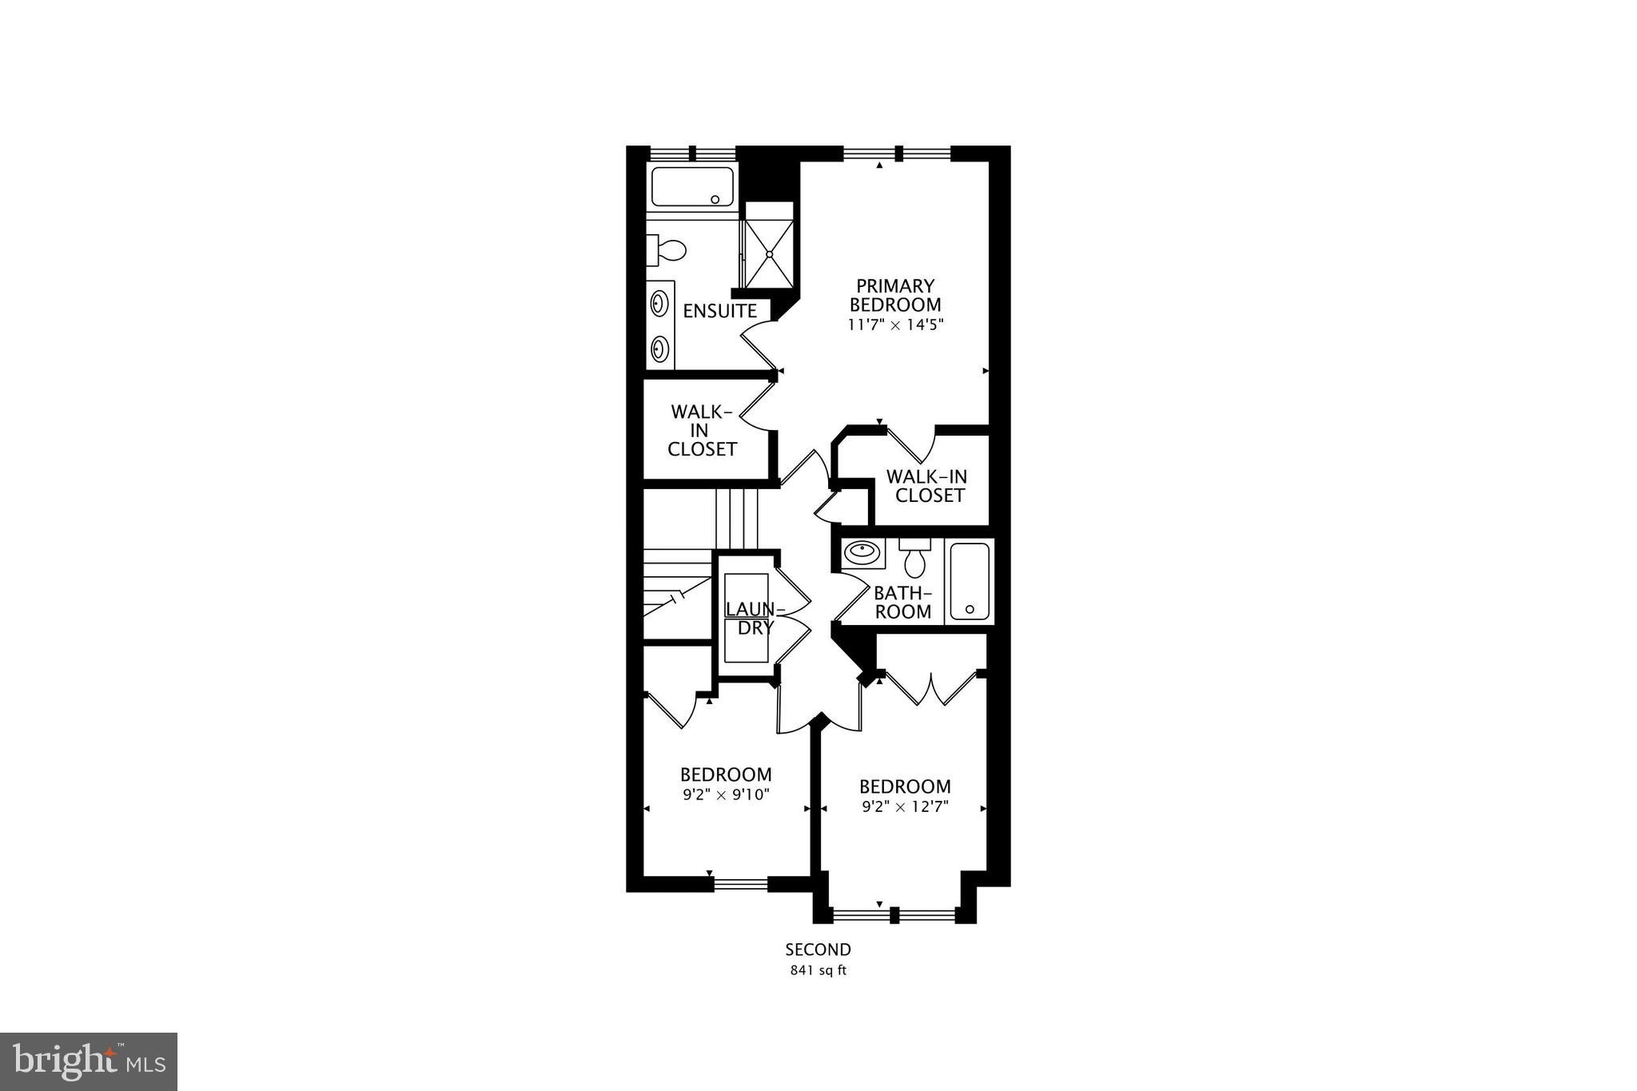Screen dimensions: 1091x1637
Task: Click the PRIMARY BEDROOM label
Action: (895, 296)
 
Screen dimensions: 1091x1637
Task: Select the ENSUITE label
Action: (719, 311)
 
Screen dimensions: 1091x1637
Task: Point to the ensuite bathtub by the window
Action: (692, 187)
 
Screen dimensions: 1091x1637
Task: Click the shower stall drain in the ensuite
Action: (770, 254)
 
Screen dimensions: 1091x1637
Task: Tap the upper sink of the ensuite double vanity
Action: (660, 304)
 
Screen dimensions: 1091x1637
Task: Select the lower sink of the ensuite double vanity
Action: (660, 348)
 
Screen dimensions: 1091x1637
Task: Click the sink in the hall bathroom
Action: (862, 551)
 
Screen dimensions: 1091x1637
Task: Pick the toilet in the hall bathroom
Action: (914, 558)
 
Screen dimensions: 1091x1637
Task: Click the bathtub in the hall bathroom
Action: (970, 580)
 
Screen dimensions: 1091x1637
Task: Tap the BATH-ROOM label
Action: (903, 603)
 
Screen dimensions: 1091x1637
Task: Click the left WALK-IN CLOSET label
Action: (702, 431)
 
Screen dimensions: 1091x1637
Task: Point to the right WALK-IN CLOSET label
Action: (927, 486)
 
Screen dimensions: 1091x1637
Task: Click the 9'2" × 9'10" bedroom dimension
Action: (726, 794)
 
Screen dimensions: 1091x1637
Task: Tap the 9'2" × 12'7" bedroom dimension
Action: (905, 806)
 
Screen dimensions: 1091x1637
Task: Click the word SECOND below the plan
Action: (818, 950)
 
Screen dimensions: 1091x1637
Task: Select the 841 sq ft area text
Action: (818, 971)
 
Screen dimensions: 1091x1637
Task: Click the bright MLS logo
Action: (89, 1061)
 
